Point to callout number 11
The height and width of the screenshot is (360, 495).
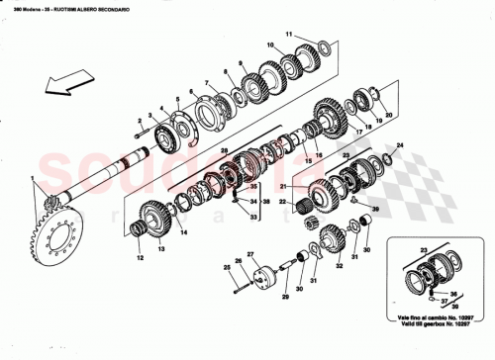[289, 36]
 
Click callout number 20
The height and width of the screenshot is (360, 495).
[389, 115]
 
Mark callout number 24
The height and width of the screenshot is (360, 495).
[400, 145]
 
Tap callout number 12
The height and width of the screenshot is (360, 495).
[140, 258]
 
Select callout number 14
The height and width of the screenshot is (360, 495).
[181, 232]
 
